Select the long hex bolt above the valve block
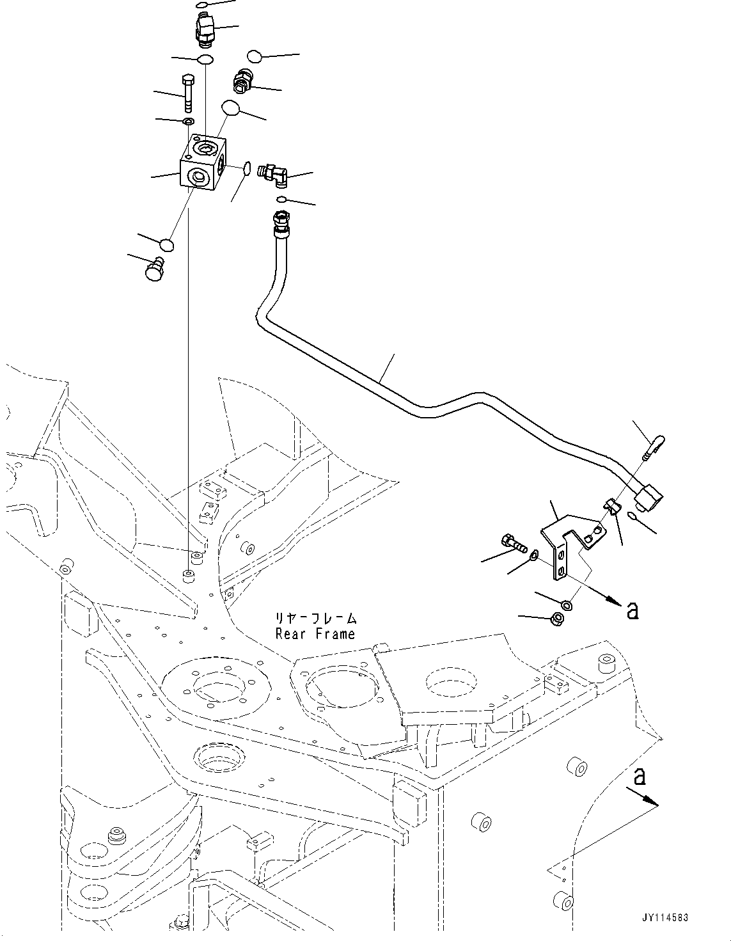click(x=188, y=93)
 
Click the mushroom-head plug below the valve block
click(x=155, y=268)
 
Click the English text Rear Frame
click(x=315, y=634)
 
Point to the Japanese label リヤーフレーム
click(x=315, y=619)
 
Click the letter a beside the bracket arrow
click(x=632, y=610)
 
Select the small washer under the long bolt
click(x=188, y=122)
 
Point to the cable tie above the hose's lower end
click(x=654, y=445)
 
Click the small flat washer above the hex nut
click(x=566, y=605)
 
